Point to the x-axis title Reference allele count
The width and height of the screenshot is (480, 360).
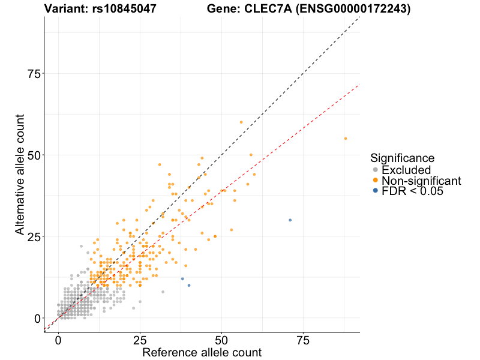[x=202, y=352]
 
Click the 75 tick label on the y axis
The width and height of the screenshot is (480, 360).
[x=34, y=73]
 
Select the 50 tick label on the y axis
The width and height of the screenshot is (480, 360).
[x=34, y=155]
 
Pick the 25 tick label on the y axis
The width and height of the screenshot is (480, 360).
[x=34, y=236]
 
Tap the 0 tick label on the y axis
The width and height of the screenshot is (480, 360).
[x=38, y=318]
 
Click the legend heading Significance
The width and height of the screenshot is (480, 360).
[x=402, y=158]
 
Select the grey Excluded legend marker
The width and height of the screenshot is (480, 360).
[x=376, y=170]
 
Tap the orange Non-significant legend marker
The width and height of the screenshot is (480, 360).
[x=376, y=181]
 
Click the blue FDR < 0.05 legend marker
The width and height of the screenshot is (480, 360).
[x=376, y=191]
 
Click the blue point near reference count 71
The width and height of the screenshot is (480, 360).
[x=290, y=220]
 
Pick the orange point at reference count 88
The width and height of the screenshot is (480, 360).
[x=346, y=139]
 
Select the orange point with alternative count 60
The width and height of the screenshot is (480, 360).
[x=241, y=122]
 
